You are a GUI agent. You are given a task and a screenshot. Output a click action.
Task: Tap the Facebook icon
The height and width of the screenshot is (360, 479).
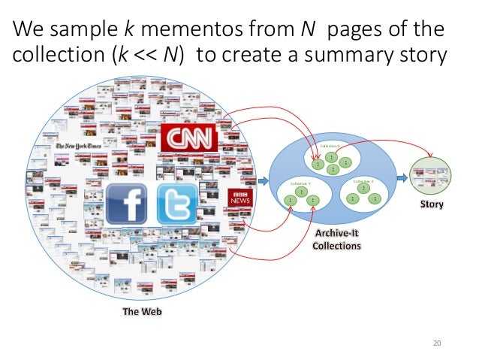point(126,203)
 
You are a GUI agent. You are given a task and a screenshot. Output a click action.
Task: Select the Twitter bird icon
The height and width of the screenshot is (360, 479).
point(176,203)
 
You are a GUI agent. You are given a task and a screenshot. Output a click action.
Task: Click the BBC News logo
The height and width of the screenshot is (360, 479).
point(240,198)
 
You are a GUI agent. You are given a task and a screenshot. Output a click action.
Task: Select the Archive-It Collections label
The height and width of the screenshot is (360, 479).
point(337,240)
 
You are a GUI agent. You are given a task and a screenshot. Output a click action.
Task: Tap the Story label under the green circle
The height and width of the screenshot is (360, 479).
point(432,204)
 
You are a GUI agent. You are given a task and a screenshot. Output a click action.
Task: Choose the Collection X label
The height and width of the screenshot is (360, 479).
point(330,146)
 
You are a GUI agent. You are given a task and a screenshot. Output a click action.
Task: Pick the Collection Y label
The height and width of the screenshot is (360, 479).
point(301,183)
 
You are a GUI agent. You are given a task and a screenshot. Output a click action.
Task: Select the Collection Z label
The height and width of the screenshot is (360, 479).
point(363,182)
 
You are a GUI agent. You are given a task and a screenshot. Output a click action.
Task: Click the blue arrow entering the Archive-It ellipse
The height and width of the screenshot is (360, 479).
point(263,180)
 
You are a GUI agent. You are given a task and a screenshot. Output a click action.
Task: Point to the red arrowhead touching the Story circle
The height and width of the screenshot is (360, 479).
point(431,157)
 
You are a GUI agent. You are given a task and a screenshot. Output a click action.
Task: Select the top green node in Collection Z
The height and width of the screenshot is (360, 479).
point(363,189)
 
